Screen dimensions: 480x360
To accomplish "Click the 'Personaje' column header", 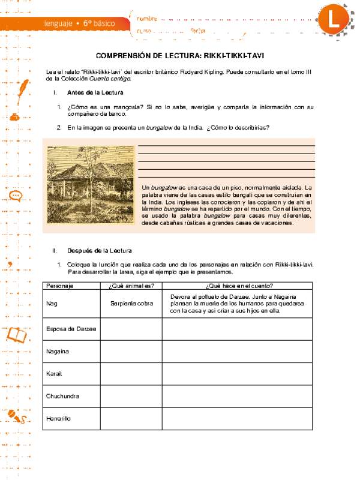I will (x=59, y=286).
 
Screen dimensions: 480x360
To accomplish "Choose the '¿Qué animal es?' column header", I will (x=132, y=286).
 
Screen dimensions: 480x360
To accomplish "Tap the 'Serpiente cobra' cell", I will (x=132, y=304).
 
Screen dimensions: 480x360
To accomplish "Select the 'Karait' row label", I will (x=54, y=373).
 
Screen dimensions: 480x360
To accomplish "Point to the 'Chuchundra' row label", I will (x=62, y=396).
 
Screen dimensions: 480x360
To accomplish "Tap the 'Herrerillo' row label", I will (x=58, y=418).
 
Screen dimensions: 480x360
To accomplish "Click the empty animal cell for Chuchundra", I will (x=132, y=396).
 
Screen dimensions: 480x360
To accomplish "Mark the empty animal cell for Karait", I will (x=132, y=373).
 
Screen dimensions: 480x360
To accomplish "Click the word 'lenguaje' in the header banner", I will (x=59, y=23).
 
